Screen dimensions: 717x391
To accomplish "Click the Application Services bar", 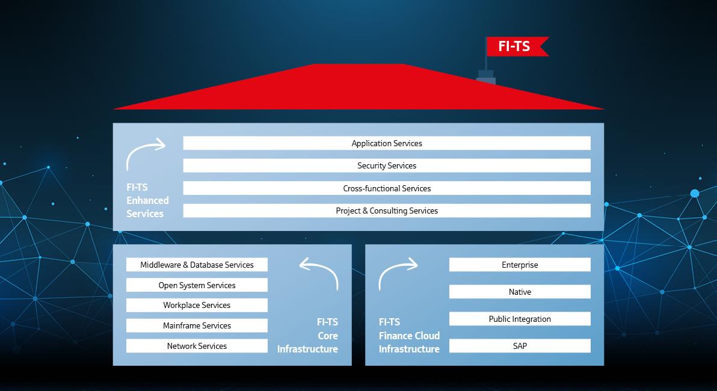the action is (x=387, y=143).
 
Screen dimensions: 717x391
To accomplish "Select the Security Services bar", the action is (x=387, y=165).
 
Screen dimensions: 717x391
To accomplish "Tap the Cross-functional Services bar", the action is (x=387, y=188).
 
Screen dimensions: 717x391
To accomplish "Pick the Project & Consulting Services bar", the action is (x=387, y=211).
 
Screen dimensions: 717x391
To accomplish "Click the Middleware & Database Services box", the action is (x=197, y=265).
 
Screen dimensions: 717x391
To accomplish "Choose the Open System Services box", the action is (x=197, y=285).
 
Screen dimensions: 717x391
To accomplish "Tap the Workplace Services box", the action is (x=197, y=305).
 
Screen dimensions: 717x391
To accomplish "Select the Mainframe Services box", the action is (x=197, y=325).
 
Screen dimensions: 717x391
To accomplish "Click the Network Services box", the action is (x=197, y=346).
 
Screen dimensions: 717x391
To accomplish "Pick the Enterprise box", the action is (x=520, y=265).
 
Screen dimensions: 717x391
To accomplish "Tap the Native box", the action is (x=520, y=292).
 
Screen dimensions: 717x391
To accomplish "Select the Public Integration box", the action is (x=520, y=319).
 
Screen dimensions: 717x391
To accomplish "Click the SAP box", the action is (x=520, y=346).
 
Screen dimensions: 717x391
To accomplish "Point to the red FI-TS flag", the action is (x=517, y=46).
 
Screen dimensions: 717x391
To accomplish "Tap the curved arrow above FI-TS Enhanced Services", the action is (x=137, y=148).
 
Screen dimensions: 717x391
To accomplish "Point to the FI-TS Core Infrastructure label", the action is (x=307, y=335).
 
